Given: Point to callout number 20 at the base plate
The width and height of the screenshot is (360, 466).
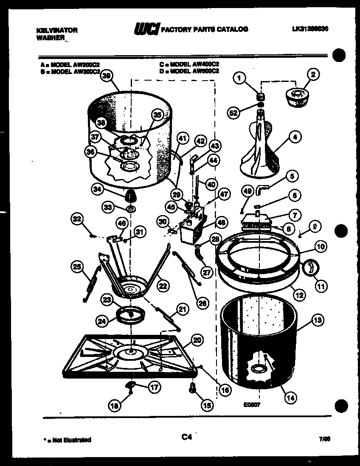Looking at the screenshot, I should (x=197, y=340).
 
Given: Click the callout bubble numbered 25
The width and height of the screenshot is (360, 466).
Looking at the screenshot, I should (x=77, y=267).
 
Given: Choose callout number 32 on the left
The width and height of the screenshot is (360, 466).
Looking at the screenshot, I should (x=77, y=219).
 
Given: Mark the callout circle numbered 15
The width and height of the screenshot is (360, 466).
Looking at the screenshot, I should (x=206, y=406).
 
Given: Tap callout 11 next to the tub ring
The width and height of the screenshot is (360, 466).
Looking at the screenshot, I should (x=321, y=286).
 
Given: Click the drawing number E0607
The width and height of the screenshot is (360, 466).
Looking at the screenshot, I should (x=252, y=405).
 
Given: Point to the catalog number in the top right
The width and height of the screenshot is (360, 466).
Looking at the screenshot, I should (x=310, y=29).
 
